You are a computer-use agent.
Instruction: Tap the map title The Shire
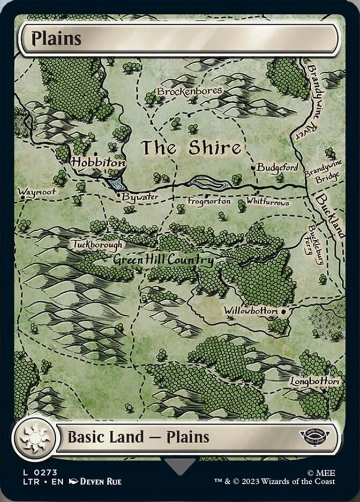point(191,148)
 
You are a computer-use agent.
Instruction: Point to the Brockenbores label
point(189,92)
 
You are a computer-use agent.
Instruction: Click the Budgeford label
point(277,168)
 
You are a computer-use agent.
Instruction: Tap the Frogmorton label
point(209,202)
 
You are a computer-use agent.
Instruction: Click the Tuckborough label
point(97,245)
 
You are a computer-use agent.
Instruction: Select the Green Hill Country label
point(163,260)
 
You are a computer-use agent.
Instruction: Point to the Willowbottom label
point(251,311)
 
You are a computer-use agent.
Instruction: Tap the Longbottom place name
point(315,382)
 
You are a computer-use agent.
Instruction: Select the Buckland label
point(329,215)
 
